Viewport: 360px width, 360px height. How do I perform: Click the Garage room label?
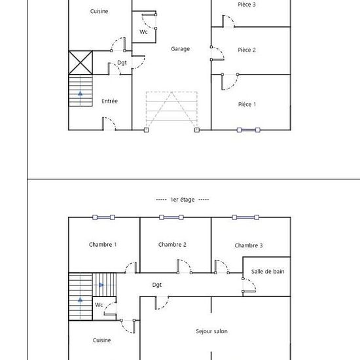180,49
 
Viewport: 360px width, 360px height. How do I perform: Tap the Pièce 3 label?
247,5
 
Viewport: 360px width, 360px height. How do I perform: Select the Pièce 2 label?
247,50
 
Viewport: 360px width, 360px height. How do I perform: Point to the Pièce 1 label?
247,104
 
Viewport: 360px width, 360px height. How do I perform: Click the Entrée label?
110,101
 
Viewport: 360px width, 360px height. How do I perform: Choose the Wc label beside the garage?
143,32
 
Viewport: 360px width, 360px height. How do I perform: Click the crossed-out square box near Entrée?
81,63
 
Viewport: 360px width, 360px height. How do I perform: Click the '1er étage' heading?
183,199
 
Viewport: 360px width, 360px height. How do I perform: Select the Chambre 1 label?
103,245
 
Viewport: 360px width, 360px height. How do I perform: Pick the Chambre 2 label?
172,245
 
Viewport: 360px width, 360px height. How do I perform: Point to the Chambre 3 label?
249,245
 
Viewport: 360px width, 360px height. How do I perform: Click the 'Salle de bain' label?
267,271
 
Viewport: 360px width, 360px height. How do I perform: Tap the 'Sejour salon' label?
211,331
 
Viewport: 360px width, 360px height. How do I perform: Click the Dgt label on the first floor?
157,285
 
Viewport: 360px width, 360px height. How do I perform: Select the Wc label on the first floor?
99,305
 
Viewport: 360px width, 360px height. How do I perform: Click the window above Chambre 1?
103,217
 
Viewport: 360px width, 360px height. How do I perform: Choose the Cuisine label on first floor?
101,340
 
